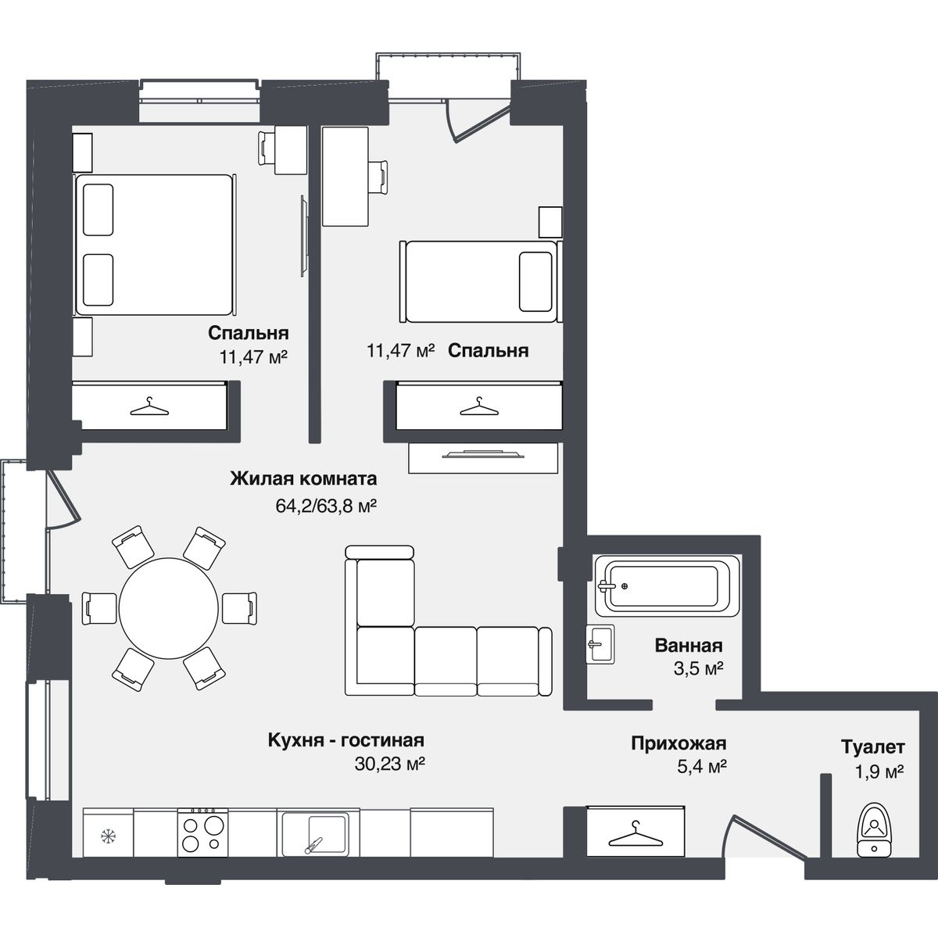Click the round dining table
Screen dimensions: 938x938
click(x=168, y=608)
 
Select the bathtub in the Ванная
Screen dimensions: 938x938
click(x=666, y=586)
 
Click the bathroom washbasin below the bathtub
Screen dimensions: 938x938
click(x=600, y=643)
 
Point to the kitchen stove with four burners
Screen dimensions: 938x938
click(x=202, y=832)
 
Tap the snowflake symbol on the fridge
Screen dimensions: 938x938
click(x=108, y=836)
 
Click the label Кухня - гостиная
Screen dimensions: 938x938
click(x=345, y=740)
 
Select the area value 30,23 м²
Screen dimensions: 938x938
click(x=390, y=764)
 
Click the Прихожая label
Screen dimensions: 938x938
click(x=678, y=743)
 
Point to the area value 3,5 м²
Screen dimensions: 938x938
click(x=698, y=669)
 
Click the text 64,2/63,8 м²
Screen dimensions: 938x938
click(x=326, y=507)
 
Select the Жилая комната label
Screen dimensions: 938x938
click(x=303, y=478)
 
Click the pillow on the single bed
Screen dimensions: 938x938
click(x=535, y=281)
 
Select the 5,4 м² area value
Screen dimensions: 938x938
click(x=702, y=767)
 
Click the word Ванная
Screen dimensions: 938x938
click(x=689, y=646)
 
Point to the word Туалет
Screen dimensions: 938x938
click(x=873, y=746)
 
